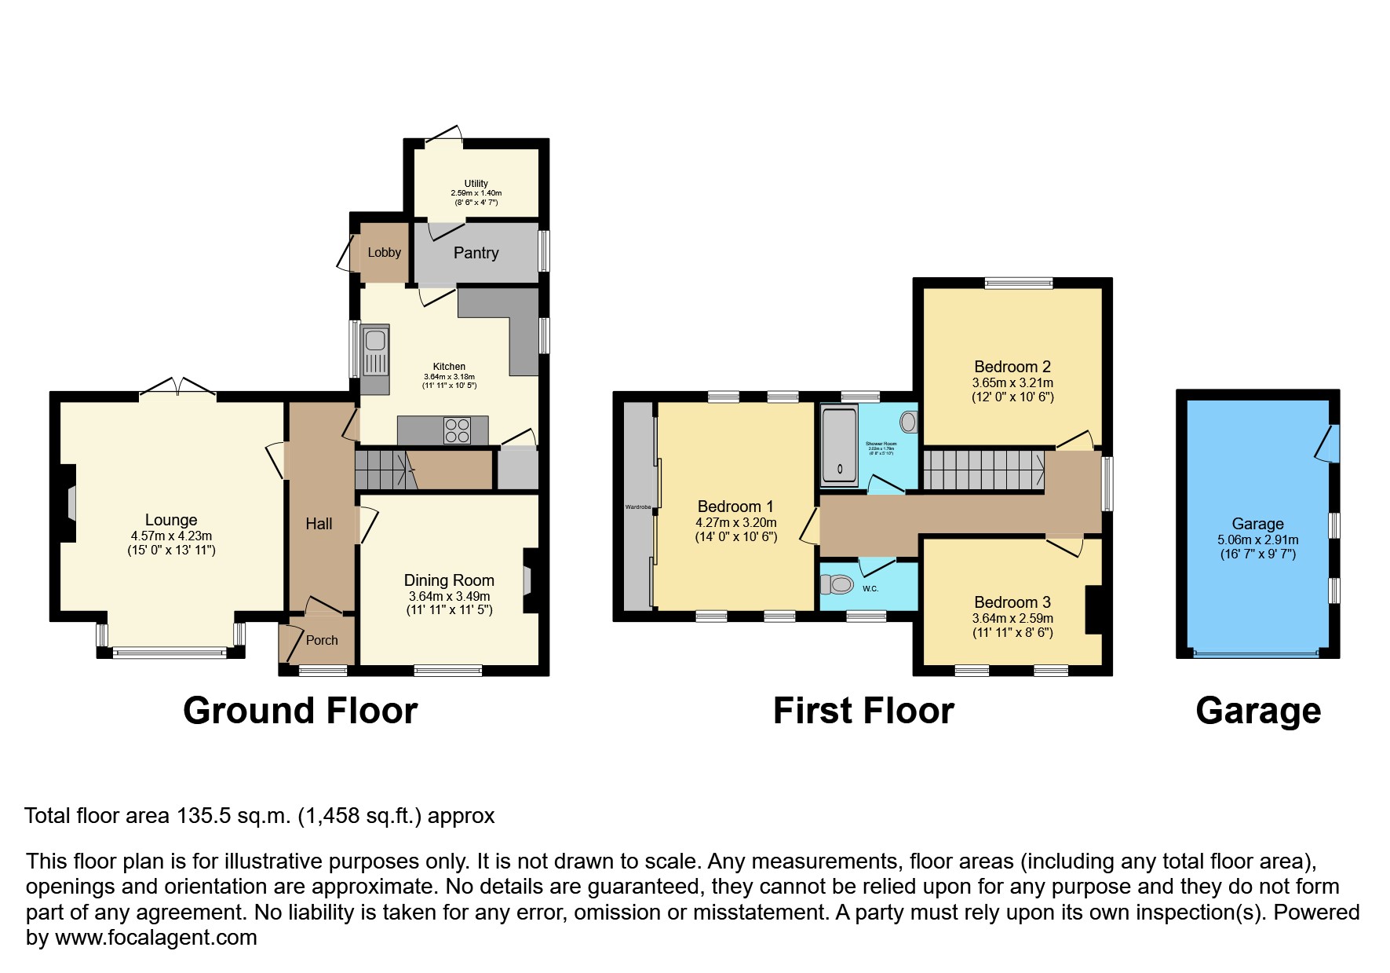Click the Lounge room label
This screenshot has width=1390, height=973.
click(x=171, y=520)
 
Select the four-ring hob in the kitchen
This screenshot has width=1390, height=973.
click(x=457, y=430)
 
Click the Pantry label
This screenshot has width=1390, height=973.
click(x=476, y=253)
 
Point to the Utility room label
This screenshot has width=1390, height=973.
click(x=476, y=184)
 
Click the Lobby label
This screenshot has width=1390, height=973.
click(x=384, y=252)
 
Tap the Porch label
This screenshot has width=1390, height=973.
click(x=322, y=640)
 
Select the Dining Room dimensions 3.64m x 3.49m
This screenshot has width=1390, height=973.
click(x=449, y=597)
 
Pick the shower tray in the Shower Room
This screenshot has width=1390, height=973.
click(x=839, y=446)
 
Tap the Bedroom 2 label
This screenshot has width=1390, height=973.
click(x=1012, y=367)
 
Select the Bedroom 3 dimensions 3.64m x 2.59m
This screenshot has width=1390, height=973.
click(x=1012, y=618)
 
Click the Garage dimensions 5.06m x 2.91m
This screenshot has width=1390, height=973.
click(x=1257, y=540)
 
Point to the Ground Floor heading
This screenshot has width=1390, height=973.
click(x=300, y=711)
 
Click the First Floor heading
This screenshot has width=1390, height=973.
click(x=863, y=711)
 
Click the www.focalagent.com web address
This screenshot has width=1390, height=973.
click(x=155, y=938)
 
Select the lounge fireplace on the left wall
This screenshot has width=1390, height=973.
click(x=67, y=503)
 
